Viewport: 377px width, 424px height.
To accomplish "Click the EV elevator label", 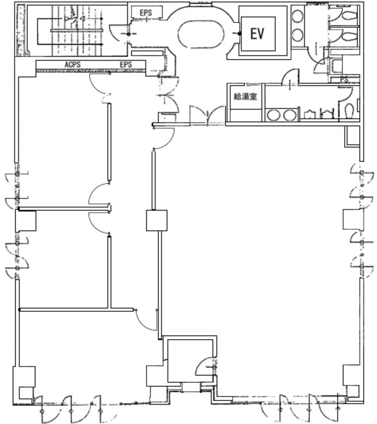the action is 257,34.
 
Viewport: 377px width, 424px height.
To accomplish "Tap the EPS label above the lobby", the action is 146,13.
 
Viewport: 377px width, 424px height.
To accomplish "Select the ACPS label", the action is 73,65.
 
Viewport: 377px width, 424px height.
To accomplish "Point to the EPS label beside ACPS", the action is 126,65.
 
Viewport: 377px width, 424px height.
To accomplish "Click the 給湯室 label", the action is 245,96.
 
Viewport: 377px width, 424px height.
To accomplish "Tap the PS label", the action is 344,79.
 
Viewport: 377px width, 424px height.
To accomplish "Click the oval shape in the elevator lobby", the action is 201,34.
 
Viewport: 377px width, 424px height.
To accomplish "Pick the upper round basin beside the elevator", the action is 297,16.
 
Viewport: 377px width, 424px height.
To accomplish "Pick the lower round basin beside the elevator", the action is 297,35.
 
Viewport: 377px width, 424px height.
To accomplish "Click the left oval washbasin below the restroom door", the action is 273,115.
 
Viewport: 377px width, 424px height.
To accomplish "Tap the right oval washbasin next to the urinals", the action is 290,115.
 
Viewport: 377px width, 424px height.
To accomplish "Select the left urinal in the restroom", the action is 310,114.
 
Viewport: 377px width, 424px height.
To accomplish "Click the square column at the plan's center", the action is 157,220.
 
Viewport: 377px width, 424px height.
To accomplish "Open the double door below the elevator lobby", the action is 207,115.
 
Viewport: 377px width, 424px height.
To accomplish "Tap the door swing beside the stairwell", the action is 118,33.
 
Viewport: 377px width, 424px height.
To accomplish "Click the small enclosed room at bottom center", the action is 190,359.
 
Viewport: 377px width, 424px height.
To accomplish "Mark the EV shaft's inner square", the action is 258,34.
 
